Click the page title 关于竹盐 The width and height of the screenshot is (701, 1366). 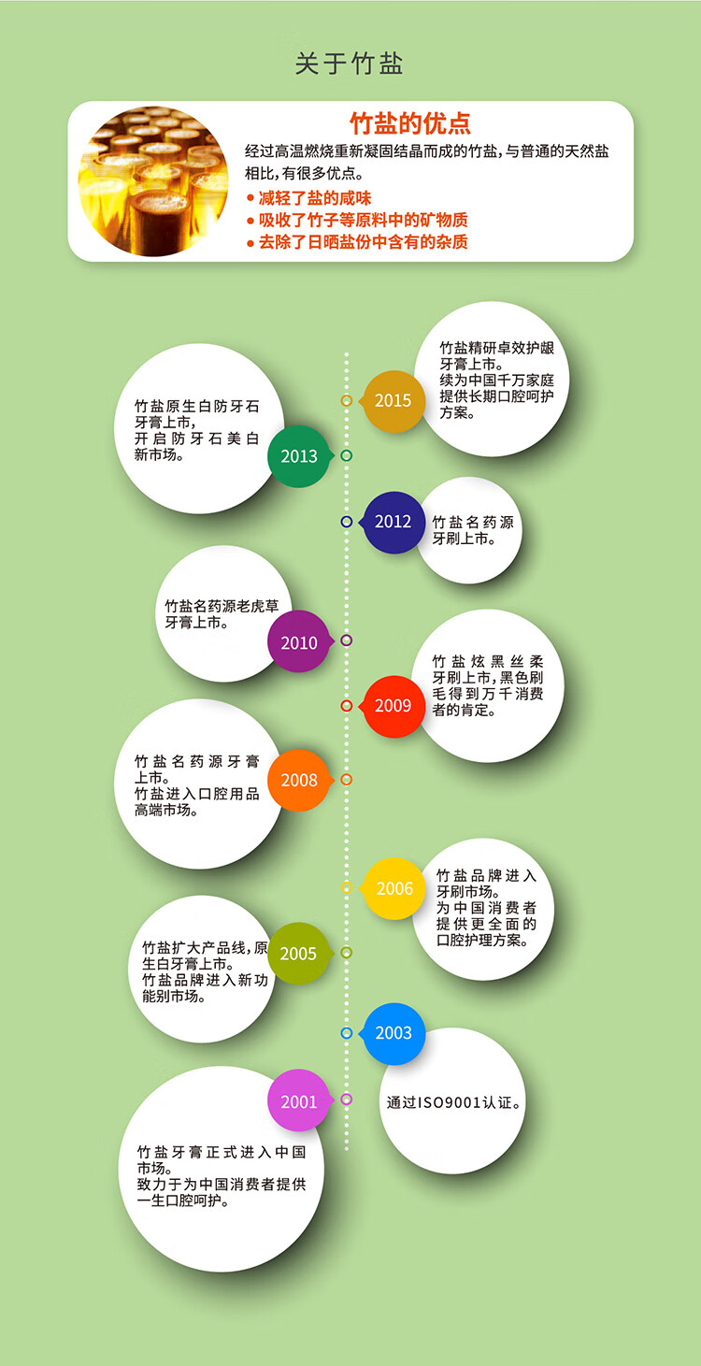[350, 64]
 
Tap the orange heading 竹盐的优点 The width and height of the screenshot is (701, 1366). [409, 122]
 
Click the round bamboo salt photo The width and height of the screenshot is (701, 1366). [153, 181]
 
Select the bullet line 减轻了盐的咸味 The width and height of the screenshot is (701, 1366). [308, 198]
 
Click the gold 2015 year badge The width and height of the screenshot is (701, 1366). [393, 401]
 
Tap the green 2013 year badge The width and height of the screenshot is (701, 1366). [299, 456]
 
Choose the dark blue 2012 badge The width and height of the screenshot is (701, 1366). [393, 522]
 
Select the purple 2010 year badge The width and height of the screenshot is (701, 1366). [299, 642]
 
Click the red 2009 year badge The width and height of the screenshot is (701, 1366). [393, 706]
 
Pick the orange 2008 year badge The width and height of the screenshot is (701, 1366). [299, 780]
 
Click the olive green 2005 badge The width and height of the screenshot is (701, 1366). [298, 954]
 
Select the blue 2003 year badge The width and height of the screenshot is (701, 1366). [393, 1033]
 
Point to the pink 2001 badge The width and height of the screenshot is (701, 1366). [299, 1101]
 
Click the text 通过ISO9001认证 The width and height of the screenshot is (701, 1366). [454, 1102]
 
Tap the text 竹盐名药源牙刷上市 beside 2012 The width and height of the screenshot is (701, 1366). [473, 530]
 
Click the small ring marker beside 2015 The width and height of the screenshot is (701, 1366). [347, 400]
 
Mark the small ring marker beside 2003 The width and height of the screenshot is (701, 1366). [347, 1033]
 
